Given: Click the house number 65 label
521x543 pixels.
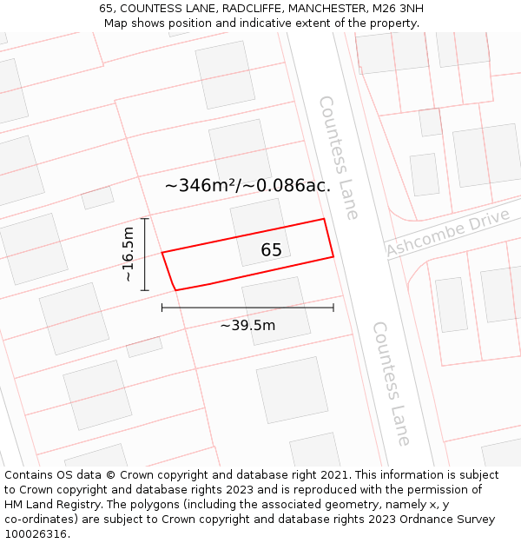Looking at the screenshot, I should pyautogui.click(x=271, y=250).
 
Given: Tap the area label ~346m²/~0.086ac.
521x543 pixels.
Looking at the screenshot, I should pyautogui.click(x=247, y=185).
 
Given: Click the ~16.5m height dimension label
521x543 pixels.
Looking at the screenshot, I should pyautogui.click(x=129, y=255).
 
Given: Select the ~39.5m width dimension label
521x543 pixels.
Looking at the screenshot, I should pyautogui.click(x=247, y=326).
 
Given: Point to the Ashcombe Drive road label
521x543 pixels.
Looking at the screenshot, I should pyautogui.click(x=448, y=234).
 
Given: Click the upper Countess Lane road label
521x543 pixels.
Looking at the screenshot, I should pyautogui.click(x=339, y=157).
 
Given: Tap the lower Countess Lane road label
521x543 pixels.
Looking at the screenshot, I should pyautogui.click(x=392, y=383).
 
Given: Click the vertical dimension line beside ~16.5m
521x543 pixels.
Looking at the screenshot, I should pyautogui.click(x=145, y=255).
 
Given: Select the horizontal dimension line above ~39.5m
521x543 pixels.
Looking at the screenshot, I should pyautogui.click(x=247, y=308).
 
